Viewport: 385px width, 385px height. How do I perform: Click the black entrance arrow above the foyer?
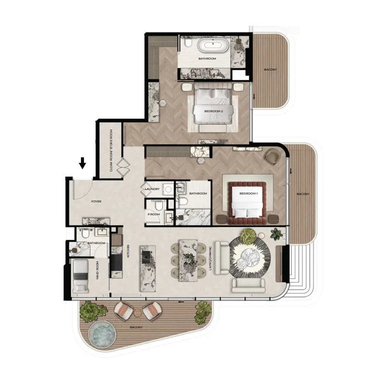tap(82, 163)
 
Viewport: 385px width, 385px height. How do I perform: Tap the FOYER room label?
tap(96, 202)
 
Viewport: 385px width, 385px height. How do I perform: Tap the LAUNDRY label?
tap(152, 189)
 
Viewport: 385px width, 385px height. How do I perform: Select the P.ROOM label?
tap(154, 214)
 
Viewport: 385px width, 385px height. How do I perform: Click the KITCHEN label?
tap(128, 251)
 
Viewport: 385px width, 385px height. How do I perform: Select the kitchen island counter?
tap(147, 268)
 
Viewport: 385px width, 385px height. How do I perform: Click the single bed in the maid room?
tap(80, 277)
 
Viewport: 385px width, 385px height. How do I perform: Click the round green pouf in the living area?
tap(248, 235)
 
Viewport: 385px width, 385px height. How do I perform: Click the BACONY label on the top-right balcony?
tap(270, 70)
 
